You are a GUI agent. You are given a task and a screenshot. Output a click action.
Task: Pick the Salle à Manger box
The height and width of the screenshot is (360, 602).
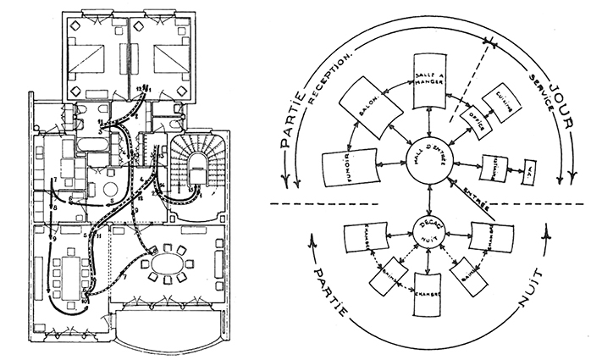click(433, 82)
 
